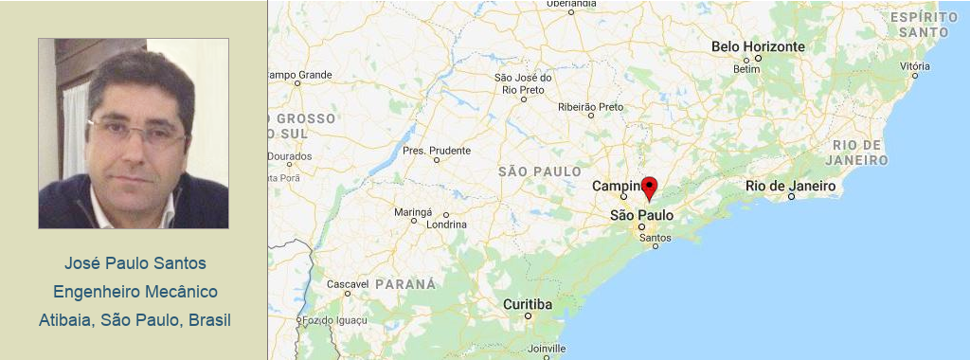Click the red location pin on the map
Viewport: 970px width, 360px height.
[649, 187]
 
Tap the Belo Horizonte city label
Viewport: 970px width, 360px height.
[758, 46]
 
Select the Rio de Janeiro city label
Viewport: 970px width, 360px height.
[790, 186]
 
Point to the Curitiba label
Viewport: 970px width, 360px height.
[527, 304]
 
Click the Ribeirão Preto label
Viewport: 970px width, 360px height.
[591, 107]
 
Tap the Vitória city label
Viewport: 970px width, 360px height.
[915, 66]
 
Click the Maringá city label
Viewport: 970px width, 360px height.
[413, 211]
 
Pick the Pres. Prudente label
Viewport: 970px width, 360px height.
[436, 151]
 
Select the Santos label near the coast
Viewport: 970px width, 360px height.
[655, 237]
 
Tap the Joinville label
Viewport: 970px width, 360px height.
[548, 349]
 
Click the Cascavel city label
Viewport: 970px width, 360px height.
[347, 284]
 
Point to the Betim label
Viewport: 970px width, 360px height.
[746, 69]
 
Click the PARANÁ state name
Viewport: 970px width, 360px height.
[405, 284]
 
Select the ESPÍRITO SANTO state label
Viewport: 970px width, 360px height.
[925, 25]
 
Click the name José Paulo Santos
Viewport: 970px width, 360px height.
[135, 262]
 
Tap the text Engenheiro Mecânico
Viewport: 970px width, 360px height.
[135, 291]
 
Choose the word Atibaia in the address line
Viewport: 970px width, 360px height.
[65, 319]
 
